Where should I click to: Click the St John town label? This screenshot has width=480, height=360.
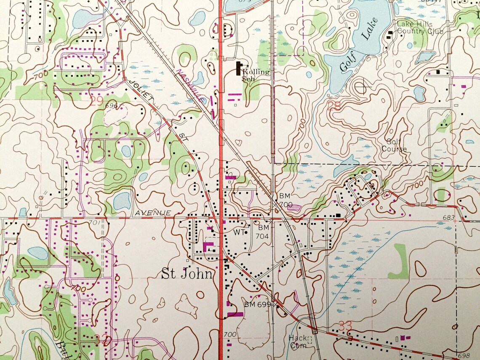[187, 274]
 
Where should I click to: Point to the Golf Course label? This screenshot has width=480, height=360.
[394, 146]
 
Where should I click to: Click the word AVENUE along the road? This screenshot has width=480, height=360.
[153, 213]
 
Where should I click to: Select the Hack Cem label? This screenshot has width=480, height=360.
[298, 341]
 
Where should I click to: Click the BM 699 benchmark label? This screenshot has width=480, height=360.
[258, 304]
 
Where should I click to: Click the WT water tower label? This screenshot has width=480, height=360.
[239, 232]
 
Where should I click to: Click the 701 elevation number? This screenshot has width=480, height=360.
[95, 222]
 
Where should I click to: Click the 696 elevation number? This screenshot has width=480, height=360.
[112, 105]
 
